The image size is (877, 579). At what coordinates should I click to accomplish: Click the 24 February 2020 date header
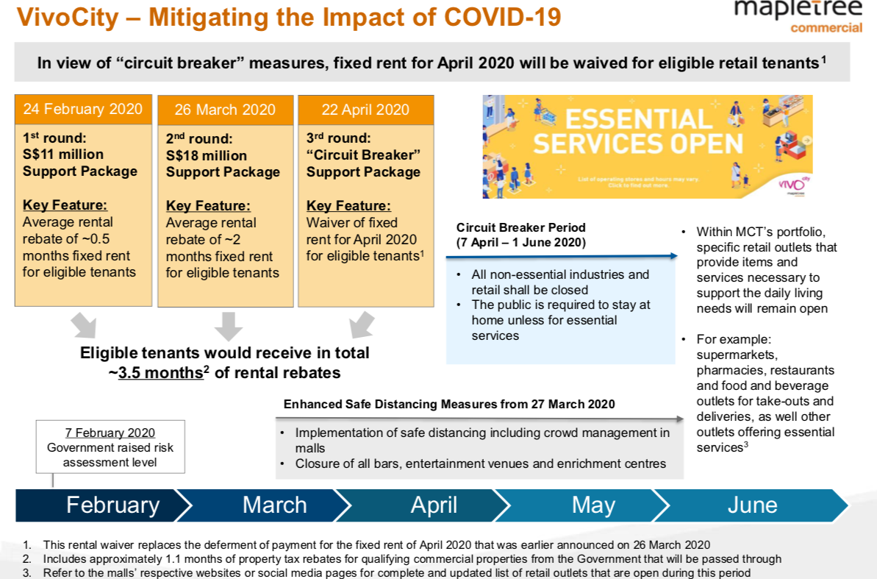82,110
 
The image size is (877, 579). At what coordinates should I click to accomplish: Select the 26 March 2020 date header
226,110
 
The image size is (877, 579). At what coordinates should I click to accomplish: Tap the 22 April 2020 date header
365,110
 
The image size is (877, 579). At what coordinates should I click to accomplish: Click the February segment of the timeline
112,505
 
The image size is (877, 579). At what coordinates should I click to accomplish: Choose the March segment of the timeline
274,505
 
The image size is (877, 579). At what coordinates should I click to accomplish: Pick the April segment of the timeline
434,505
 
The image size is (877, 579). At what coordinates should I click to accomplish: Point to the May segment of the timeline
593,505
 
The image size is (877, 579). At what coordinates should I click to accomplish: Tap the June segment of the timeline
752,505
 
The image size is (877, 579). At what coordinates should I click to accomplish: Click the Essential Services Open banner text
638,131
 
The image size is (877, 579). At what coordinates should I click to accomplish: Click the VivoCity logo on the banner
790,184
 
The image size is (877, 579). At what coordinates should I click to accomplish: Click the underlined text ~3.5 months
160,372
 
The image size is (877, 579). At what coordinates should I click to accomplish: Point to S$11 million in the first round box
63,154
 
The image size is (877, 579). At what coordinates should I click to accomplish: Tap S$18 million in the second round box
207,155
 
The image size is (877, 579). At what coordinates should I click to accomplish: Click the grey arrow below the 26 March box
228,324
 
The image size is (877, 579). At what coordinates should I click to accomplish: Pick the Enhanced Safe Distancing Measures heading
449,404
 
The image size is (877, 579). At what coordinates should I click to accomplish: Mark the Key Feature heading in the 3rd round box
348,206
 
